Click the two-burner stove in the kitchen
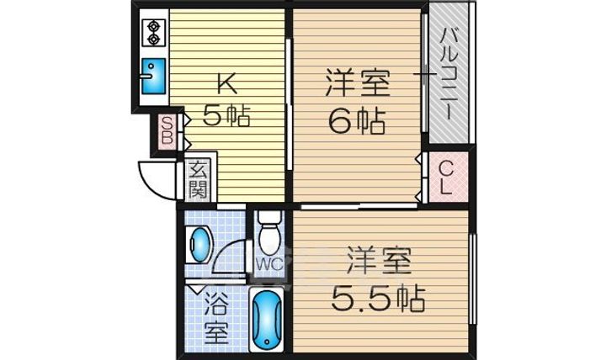[154, 32]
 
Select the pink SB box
[168, 132]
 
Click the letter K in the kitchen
[226, 83]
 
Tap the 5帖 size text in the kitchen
[226, 116]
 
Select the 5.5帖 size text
[375, 297]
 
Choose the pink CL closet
[446, 177]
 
